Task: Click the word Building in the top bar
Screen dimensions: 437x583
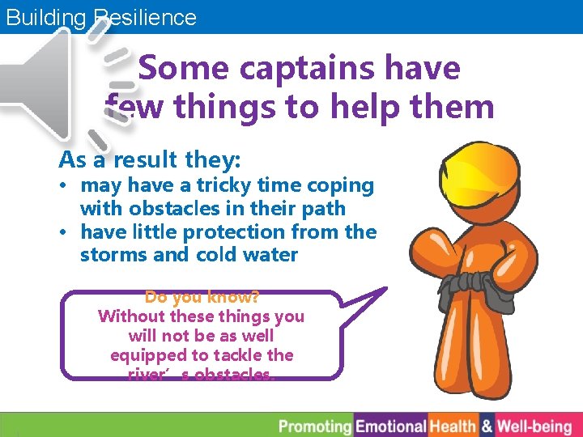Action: click(45, 18)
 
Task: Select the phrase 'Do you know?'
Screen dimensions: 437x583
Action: click(202, 297)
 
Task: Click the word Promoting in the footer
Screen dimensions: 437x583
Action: click(315, 426)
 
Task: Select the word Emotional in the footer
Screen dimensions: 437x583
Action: click(391, 426)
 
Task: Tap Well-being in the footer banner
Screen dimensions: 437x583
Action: click(534, 426)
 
